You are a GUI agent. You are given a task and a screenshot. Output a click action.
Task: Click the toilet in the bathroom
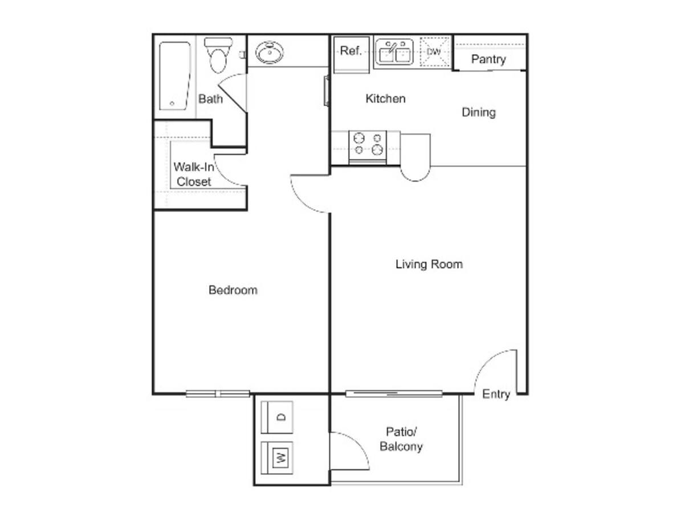tap(218, 55)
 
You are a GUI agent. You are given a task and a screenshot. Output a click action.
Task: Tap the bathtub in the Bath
tap(174, 76)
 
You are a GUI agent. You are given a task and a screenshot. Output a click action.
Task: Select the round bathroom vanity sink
tap(269, 52)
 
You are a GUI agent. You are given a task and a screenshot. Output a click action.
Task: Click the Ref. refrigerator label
tap(351, 51)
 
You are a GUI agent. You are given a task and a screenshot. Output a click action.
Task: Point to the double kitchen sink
tap(394, 52)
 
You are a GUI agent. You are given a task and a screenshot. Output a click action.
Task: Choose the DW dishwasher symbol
tap(434, 52)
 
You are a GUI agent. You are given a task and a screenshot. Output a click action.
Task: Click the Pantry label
tap(488, 59)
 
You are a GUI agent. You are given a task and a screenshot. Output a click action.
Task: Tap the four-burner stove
tap(368, 147)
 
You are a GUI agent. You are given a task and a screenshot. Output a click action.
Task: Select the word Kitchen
tap(385, 99)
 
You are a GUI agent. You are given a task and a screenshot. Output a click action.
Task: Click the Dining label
tap(478, 112)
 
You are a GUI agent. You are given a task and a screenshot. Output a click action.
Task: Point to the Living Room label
tap(429, 264)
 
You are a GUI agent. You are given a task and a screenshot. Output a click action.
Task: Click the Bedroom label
tap(233, 290)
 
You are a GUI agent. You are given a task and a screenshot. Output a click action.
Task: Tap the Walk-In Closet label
tap(193, 174)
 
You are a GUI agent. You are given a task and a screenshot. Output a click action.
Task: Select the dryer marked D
tap(276, 417)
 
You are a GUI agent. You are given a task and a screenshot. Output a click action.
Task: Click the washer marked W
tap(276, 458)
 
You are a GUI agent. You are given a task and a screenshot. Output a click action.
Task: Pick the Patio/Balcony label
tap(401, 439)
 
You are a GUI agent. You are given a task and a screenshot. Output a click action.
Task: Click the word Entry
tap(496, 394)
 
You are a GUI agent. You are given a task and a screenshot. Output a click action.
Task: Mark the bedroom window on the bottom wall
tap(218, 394)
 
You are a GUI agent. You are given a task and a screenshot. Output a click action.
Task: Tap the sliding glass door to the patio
tap(394, 394)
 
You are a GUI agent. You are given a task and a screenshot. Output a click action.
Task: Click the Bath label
tap(210, 99)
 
